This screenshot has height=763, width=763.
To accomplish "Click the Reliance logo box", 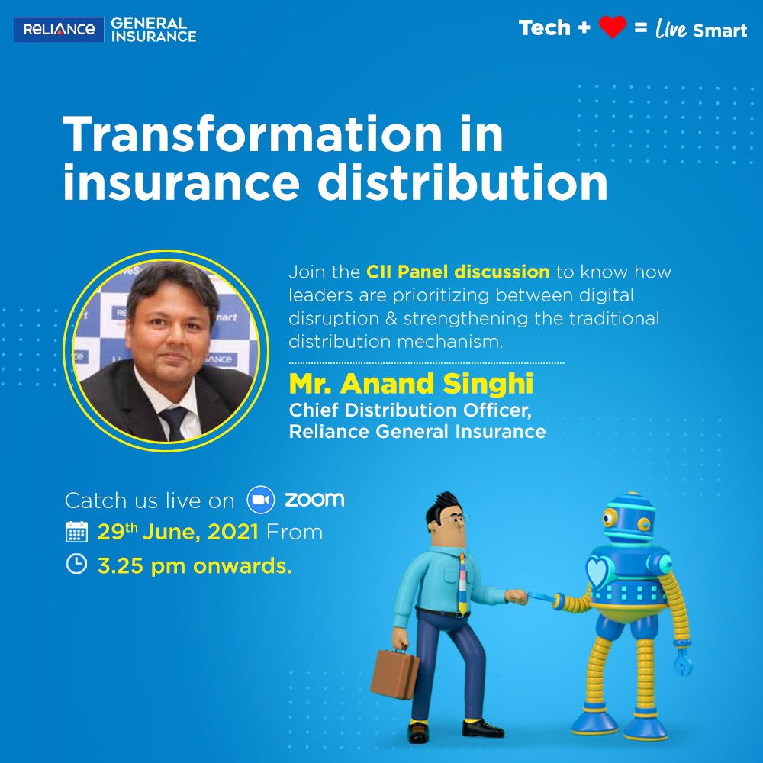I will click(x=59, y=29).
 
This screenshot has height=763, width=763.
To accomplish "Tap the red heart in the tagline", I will click(x=612, y=28).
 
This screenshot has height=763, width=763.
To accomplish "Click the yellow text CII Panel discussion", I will click(x=458, y=272).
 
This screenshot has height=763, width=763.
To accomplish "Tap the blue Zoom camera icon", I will click(x=260, y=501).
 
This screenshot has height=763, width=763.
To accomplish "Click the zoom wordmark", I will click(x=314, y=501).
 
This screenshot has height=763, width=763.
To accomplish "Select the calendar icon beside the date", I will click(x=76, y=532).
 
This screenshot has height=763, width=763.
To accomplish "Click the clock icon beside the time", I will click(x=76, y=565).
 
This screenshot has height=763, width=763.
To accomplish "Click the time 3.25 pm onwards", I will click(x=195, y=565).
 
